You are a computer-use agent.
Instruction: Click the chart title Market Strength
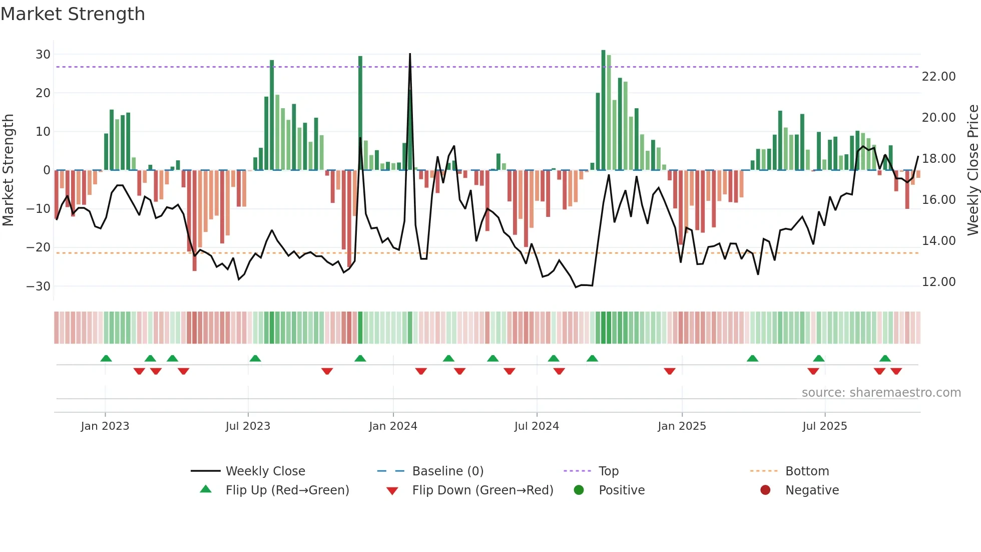pyautogui.click(x=73, y=14)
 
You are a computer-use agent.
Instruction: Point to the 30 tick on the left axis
pyautogui.click(x=43, y=54)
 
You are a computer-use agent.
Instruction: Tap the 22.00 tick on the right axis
pyautogui.click(x=938, y=77)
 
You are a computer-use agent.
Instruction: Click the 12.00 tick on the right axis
pyautogui.click(x=938, y=282)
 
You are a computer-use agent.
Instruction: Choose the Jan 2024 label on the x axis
pyautogui.click(x=393, y=426)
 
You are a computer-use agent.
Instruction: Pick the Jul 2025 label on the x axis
pyautogui.click(x=824, y=426)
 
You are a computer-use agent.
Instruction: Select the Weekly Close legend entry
pyautogui.click(x=265, y=471)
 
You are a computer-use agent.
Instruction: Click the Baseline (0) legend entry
pyautogui.click(x=447, y=471)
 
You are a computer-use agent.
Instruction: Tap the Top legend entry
pyautogui.click(x=609, y=471)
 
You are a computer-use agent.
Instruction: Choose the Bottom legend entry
pyautogui.click(x=807, y=471)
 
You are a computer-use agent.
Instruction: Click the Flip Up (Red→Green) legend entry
pyautogui.click(x=287, y=490)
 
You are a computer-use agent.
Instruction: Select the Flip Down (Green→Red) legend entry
pyautogui.click(x=482, y=490)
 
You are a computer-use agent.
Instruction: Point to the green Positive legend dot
pyautogui.click(x=579, y=490)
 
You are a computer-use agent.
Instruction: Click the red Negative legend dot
pyautogui.click(x=765, y=490)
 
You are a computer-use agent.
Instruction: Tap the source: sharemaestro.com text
pyautogui.click(x=881, y=393)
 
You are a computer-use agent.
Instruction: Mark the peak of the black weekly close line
pyautogui.click(x=410, y=54)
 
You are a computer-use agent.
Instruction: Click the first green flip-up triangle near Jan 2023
pyautogui.click(x=106, y=359)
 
